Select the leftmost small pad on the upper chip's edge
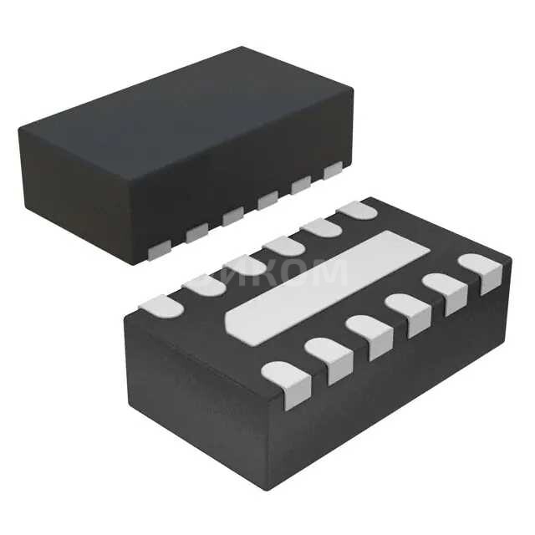click(x=159, y=247)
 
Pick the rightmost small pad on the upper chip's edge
click(x=334, y=171)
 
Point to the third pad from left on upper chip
click(x=232, y=216)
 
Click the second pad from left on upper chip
click(x=196, y=232)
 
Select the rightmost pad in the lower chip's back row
click(x=358, y=210)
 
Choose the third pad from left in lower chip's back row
click(x=244, y=265)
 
